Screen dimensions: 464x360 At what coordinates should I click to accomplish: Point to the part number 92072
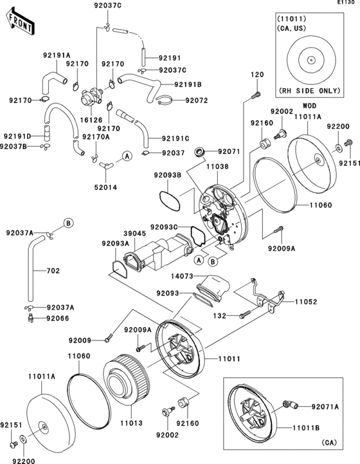tap(198, 100)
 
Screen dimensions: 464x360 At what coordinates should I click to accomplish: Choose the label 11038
tap(217, 165)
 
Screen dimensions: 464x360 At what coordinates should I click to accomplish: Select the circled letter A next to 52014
tap(127, 156)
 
